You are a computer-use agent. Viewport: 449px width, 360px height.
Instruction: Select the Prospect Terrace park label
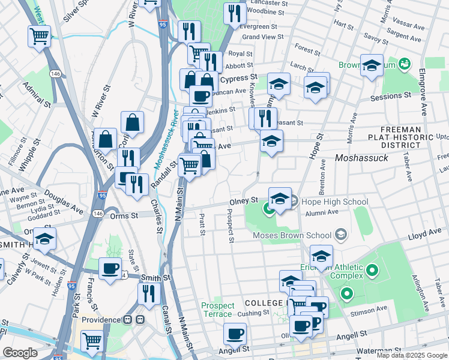217,310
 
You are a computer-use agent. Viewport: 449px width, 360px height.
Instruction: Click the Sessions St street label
390,95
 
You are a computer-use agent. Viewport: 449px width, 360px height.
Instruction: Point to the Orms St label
127,215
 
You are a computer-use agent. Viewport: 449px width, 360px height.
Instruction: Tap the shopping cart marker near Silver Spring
39,35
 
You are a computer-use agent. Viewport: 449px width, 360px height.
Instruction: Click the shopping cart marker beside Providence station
92,340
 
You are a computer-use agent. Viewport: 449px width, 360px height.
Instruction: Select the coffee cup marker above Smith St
110,268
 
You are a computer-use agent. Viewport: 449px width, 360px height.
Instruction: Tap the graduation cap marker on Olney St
280,198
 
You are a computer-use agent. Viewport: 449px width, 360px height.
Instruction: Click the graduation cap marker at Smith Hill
44,238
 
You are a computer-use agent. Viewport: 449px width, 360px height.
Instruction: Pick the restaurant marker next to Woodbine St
235,13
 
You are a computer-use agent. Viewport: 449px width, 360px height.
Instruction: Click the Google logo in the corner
20,353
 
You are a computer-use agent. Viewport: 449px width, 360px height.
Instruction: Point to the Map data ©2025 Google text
412,355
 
